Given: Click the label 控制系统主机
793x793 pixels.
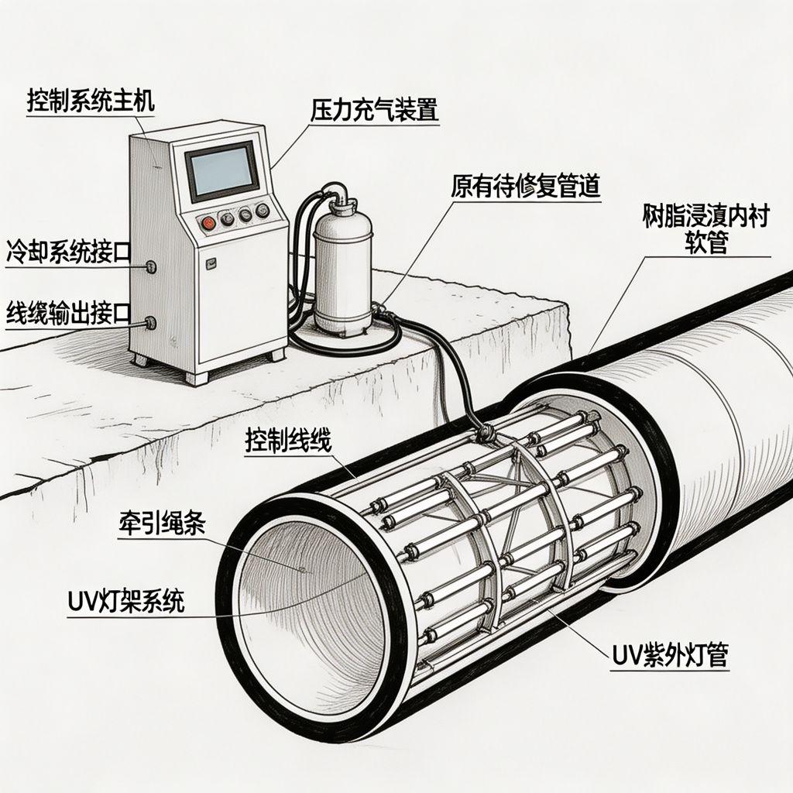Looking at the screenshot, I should [x=91, y=101].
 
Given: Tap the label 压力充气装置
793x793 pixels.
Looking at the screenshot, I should [x=375, y=109].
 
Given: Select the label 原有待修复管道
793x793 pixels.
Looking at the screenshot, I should [x=525, y=187].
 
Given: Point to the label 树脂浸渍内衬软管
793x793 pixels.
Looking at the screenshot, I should [x=705, y=230].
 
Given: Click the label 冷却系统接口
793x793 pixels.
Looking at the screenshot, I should [x=68, y=251].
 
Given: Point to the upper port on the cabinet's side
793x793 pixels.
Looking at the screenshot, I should [x=150, y=267].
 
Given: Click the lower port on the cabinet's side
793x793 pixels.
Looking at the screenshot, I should [x=150, y=323].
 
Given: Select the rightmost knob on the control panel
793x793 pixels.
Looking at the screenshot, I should [x=263, y=209].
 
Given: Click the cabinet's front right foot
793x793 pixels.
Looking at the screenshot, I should [x=276, y=354].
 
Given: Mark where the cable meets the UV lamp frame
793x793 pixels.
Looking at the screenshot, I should [x=487, y=432].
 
